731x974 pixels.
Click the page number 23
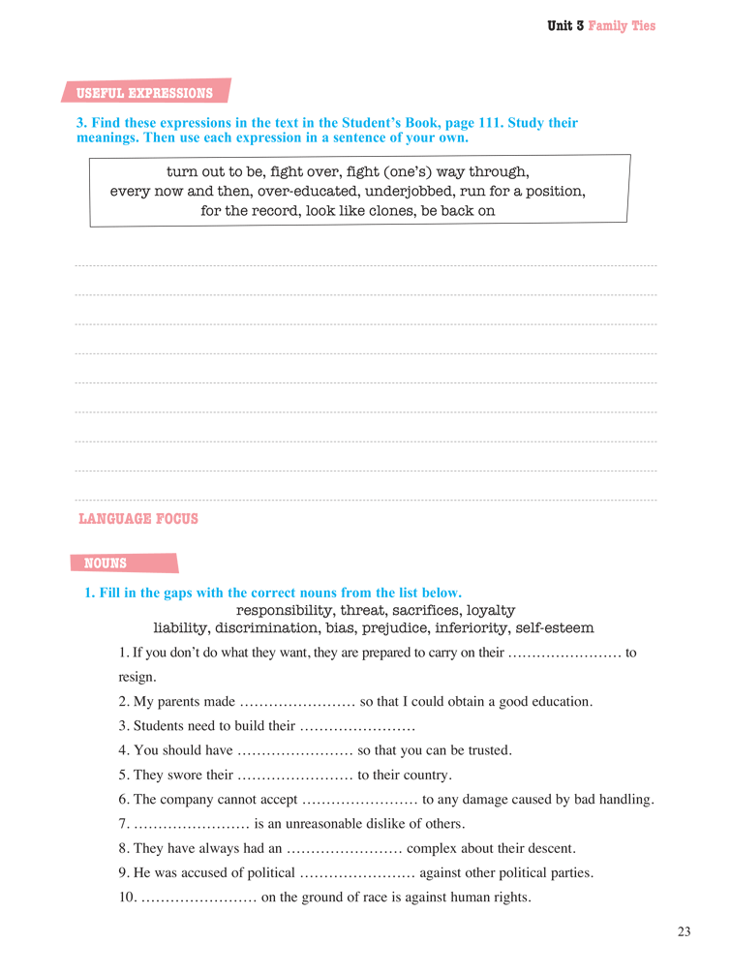[684, 932]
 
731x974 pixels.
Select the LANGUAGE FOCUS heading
[137, 519]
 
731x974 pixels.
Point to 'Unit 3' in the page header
[565, 26]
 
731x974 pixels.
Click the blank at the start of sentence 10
[198, 898]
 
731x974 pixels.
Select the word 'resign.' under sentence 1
[137, 677]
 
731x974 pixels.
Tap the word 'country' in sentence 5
[424, 775]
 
